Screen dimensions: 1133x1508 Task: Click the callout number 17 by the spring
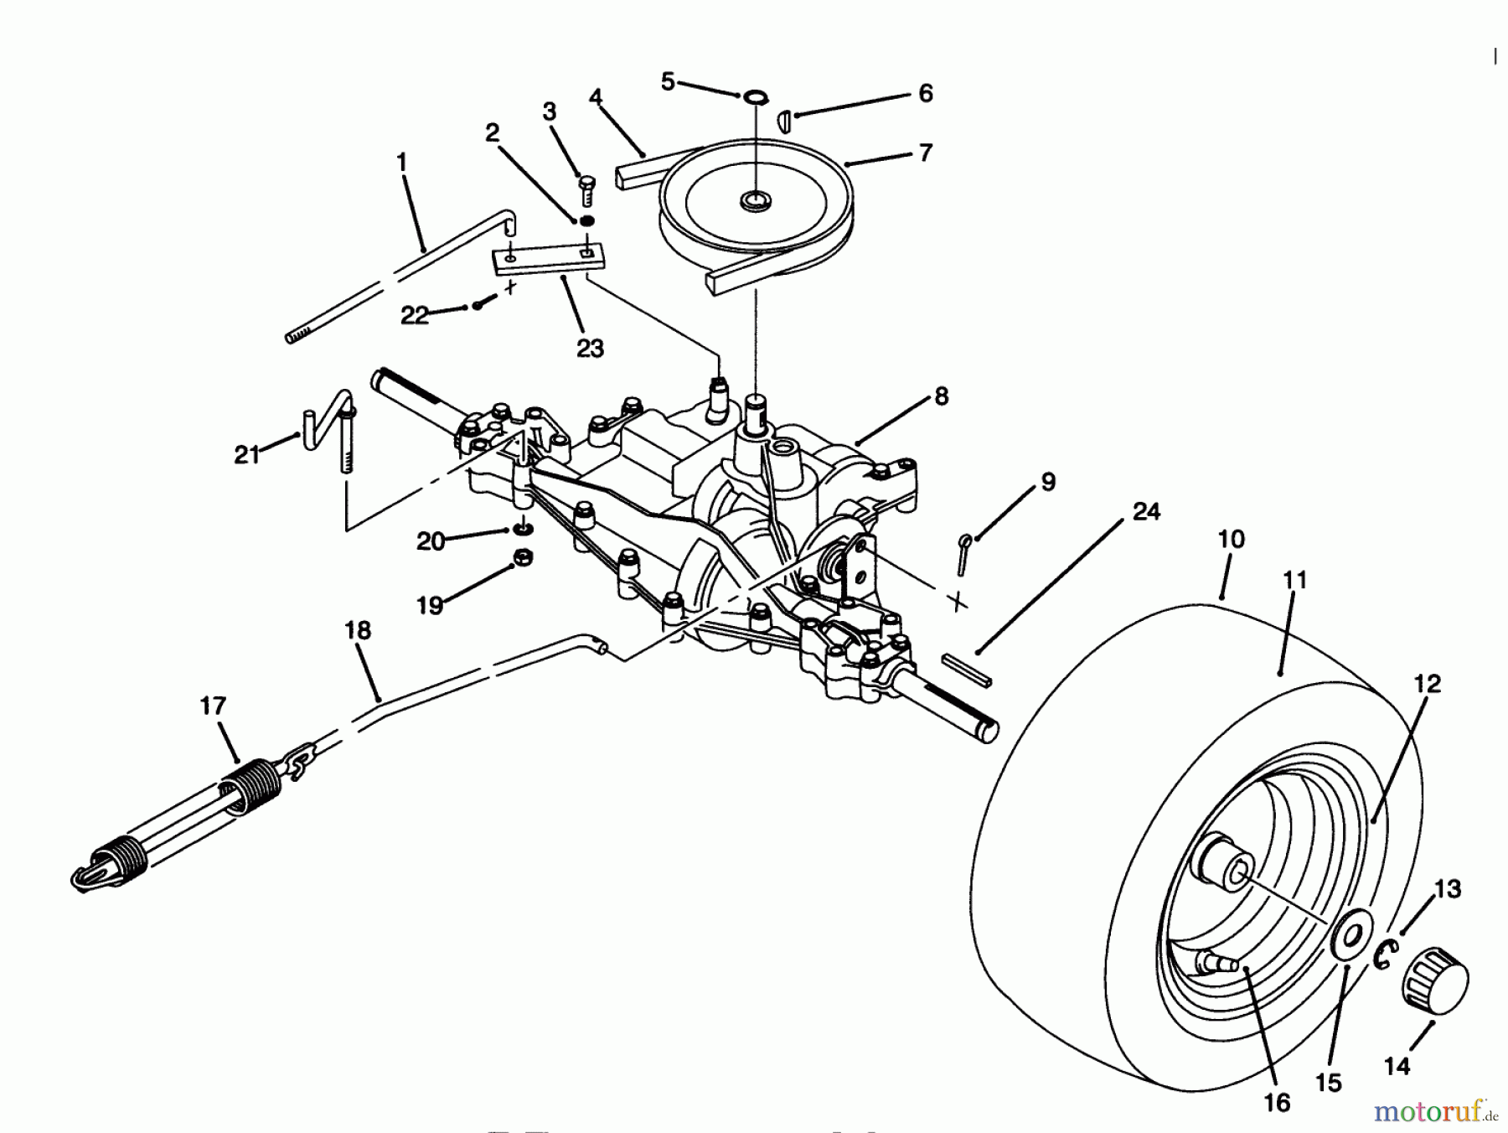click(213, 706)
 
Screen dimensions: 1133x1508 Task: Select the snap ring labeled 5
click(755, 97)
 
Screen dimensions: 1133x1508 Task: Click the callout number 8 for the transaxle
click(942, 396)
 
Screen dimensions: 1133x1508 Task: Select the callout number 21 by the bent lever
click(247, 454)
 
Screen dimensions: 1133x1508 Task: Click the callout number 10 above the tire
click(1232, 539)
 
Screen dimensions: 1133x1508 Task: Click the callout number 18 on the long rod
click(358, 630)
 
